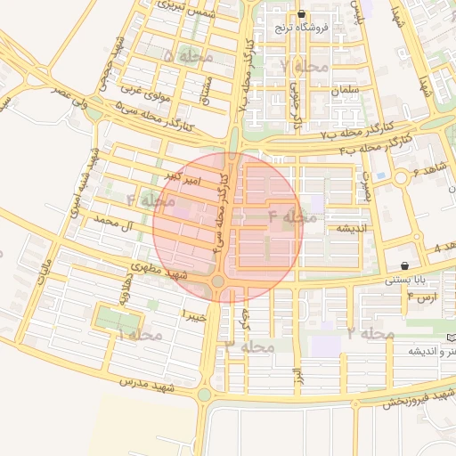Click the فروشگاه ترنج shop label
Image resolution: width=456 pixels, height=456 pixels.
302,27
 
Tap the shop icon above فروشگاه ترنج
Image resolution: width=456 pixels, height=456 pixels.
302,14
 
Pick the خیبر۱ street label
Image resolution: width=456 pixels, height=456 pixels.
194,315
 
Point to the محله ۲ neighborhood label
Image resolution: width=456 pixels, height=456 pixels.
370,333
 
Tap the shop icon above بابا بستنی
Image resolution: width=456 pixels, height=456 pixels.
405,265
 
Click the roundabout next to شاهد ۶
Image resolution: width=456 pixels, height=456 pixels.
402,178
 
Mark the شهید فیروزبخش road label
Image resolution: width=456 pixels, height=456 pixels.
419,399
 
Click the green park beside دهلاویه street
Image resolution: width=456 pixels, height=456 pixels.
113,318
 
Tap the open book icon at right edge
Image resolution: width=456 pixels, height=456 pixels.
451,338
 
